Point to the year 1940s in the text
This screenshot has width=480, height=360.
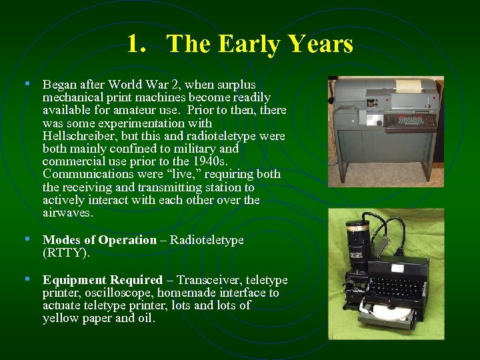pos(209,161)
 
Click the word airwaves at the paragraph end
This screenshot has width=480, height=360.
pos(68,213)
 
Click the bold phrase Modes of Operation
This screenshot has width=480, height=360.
pos(99,240)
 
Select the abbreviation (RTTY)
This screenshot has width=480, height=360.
pos(66,253)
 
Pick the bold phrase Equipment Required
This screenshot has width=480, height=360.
pos(103,280)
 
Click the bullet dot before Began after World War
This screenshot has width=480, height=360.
pos(27,85)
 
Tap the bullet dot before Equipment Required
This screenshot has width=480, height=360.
pos(27,279)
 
